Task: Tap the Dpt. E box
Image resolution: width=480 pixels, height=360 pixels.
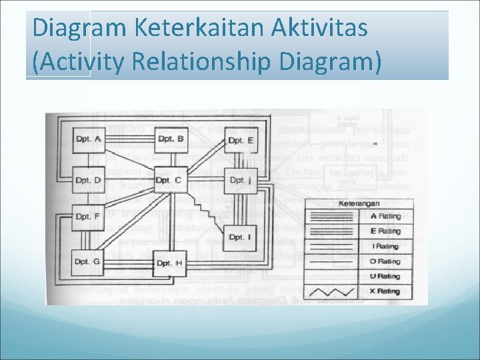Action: click(x=240, y=139)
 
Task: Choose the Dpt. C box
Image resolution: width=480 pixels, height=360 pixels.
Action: click(x=169, y=180)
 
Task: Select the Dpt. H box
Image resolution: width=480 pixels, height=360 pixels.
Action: click(x=169, y=263)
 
